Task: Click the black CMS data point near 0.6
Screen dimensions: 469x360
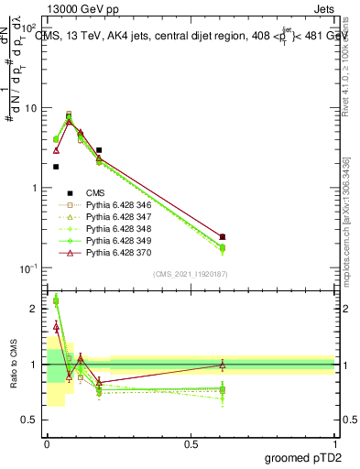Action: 223,237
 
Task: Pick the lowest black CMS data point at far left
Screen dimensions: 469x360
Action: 56,167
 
